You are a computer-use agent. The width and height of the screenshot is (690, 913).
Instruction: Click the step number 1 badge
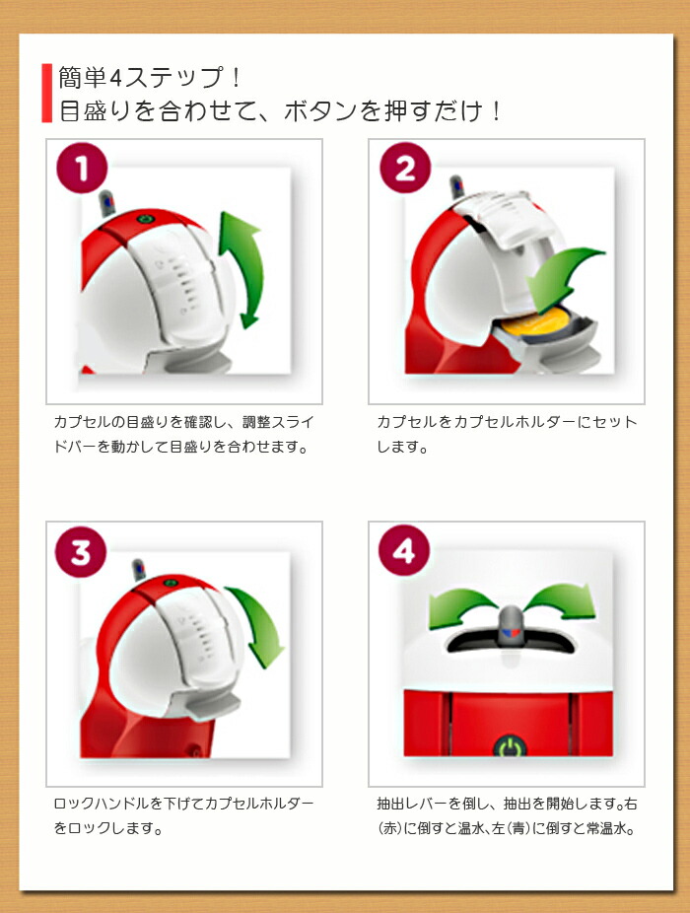[82, 168]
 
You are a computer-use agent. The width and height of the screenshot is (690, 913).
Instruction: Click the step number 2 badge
[405, 168]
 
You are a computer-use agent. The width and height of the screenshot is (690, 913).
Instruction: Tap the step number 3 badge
[81, 551]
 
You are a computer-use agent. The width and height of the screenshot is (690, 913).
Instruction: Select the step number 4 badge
[404, 551]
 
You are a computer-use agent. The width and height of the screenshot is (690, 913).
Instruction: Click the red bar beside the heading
[46, 93]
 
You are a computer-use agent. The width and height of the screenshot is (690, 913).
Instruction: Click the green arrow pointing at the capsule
[562, 279]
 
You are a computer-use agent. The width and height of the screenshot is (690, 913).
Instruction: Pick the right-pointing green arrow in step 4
[562, 604]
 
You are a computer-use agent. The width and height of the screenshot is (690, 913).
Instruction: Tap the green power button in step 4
[510, 746]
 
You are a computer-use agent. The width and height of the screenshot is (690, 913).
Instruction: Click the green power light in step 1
[144, 220]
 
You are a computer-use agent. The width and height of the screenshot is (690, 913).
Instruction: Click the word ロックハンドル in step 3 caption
[101, 804]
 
